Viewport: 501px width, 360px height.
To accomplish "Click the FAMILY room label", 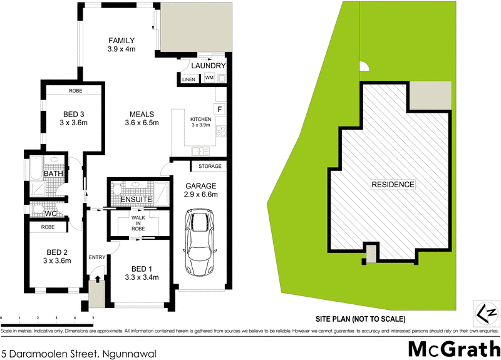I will (121, 41).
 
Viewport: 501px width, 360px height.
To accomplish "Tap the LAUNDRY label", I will (208, 66).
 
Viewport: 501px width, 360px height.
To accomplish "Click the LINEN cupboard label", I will (188, 80).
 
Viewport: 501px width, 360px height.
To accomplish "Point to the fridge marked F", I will (219, 110).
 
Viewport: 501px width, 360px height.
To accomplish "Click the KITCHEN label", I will (201, 119).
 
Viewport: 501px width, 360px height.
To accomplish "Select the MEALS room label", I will (142, 114).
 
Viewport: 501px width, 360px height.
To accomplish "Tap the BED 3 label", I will (74, 114).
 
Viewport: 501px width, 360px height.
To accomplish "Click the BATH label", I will (53, 173).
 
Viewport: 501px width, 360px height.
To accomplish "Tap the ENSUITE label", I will (137, 200).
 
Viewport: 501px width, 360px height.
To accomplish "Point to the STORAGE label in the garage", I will (210, 167).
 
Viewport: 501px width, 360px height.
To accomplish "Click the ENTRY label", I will (97, 257).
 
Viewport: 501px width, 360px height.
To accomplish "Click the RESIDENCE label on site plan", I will (393, 185).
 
